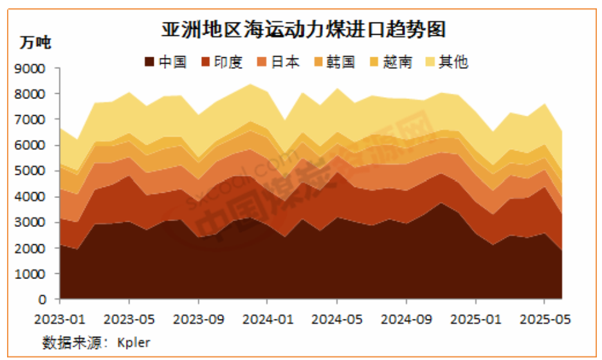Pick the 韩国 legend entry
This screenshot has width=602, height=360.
[342, 62]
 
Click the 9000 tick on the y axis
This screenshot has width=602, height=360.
[34, 68]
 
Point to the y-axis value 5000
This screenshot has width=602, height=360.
[34, 171]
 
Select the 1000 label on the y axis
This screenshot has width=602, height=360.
[34, 274]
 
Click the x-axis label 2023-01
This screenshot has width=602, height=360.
[60, 318]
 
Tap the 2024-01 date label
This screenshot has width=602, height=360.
[268, 318]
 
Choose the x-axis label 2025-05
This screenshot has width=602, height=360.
[545, 318]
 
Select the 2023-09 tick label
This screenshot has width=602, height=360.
[199, 318]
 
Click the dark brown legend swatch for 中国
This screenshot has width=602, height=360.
[149, 62]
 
